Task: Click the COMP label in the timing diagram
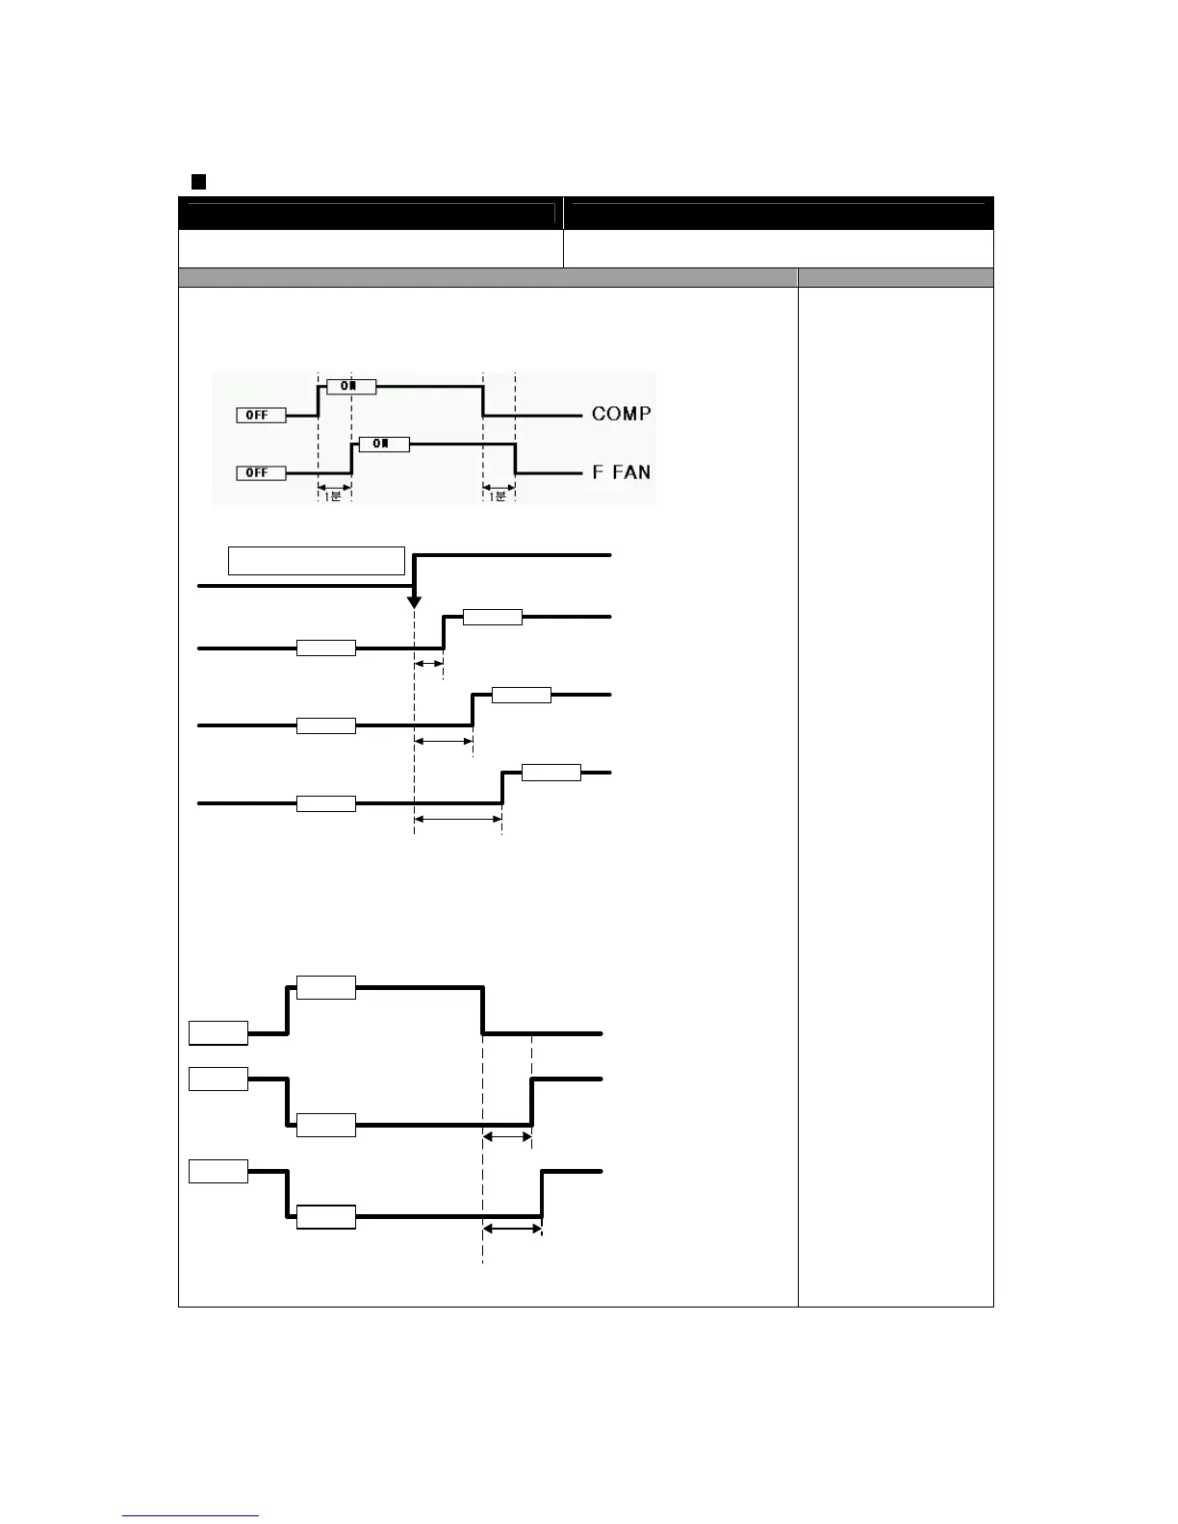pyautogui.click(x=621, y=414)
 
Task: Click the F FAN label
pyautogui.click(x=621, y=472)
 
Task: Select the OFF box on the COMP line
pyautogui.click(x=261, y=415)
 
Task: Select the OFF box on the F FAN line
pyautogui.click(x=261, y=472)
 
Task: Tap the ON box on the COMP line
pyautogui.click(x=351, y=386)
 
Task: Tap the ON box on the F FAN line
pyautogui.click(x=383, y=444)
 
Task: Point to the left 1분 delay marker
pyautogui.click(x=334, y=490)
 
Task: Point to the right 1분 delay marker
pyautogui.click(x=499, y=490)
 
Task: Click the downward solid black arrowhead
pyautogui.click(x=414, y=601)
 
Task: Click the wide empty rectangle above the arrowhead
pyautogui.click(x=316, y=560)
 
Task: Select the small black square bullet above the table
pyautogui.click(x=198, y=181)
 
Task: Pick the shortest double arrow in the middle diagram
pyautogui.click(x=428, y=664)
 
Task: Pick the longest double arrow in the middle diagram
pyautogui.click(x=458, y=819)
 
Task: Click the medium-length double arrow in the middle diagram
pyautogui.click(x=443, y=741)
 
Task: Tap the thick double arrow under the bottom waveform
pyautogui.click(x=512, y=1229)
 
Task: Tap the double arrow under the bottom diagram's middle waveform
pyautogui.click(x=506, y=1136)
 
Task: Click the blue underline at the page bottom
pyautogui.click(x=191, y=1515)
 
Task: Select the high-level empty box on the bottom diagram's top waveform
pyautogui.click(x=326, y=987)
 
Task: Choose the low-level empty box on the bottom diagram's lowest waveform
pyautogui.click(x=326, y=1216)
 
